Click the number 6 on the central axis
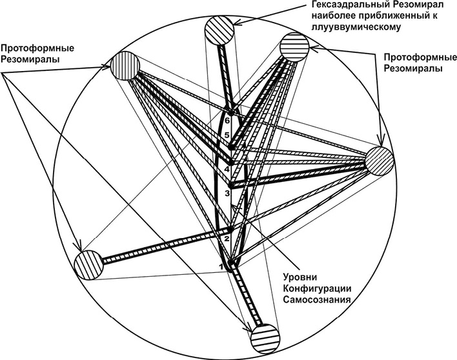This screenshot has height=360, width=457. click(x=227, y=121)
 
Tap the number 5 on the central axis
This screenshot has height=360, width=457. click(x=227, y=136)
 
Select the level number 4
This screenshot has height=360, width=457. click(x=227, y=170)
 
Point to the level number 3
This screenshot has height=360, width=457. click(x=227, y=193)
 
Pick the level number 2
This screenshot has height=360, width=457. click(x=227, y=239)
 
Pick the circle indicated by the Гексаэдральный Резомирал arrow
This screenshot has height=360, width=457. click(x=220, y=30)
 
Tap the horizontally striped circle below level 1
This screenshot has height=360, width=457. click(x=266, y=337)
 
